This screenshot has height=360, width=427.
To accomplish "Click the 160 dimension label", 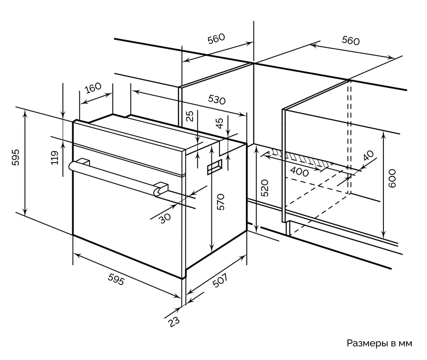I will tap(93, 88).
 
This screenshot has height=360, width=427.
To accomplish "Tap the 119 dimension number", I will tap(55, 158).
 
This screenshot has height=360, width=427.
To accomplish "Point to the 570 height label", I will tap(221, 202).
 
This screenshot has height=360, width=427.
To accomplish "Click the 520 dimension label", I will tap(265, 188).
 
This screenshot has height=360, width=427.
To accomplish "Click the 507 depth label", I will tap(219, 281).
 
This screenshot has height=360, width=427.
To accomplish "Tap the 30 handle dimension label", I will tap(165, 217).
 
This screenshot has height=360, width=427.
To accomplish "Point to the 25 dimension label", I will tap(191, 116).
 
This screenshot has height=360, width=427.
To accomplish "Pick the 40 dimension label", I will tap(367, 155).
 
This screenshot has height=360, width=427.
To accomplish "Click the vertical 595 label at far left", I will tap(15, 158).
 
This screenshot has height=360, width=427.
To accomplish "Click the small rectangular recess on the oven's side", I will tap(214, 167).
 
